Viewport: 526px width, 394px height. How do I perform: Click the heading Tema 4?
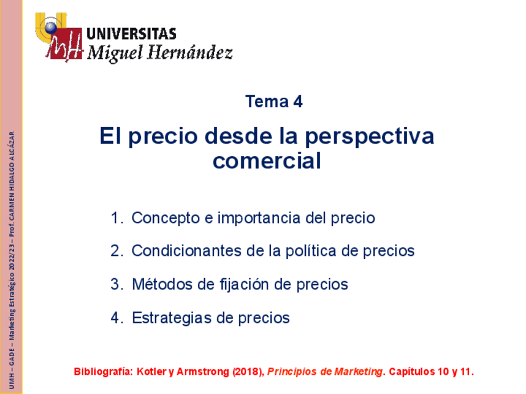(x=274, y=102)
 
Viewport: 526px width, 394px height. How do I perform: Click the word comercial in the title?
(x=267, y=161)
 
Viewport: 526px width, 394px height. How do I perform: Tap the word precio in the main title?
(x=162, y=136)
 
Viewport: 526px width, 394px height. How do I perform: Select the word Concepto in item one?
(x=166, y=218)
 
